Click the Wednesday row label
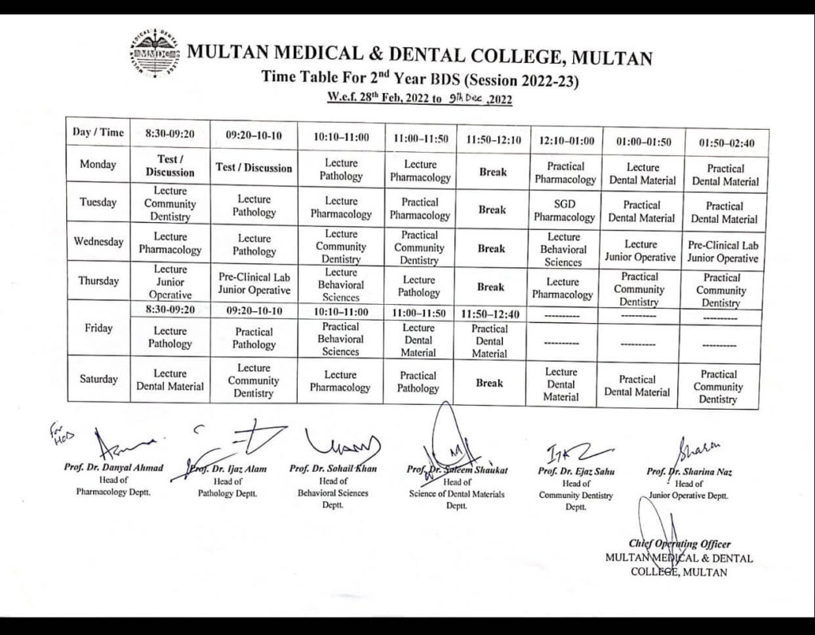click(99, 242)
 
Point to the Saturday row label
click(99, 379)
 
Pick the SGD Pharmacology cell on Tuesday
click(564, 210)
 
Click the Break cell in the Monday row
click(492, 172)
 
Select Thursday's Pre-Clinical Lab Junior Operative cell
click(254, 283)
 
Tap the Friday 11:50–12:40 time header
click(490, 314)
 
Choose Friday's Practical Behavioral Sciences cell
click(341, 339)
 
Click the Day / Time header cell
click(99, 133)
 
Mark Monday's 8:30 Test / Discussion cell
click(170, 166)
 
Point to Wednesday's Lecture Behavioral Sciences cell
click(564, 249)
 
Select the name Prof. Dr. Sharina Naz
click(690, 472)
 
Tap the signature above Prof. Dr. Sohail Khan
click(341, 442)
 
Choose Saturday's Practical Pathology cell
click(419, 382)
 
